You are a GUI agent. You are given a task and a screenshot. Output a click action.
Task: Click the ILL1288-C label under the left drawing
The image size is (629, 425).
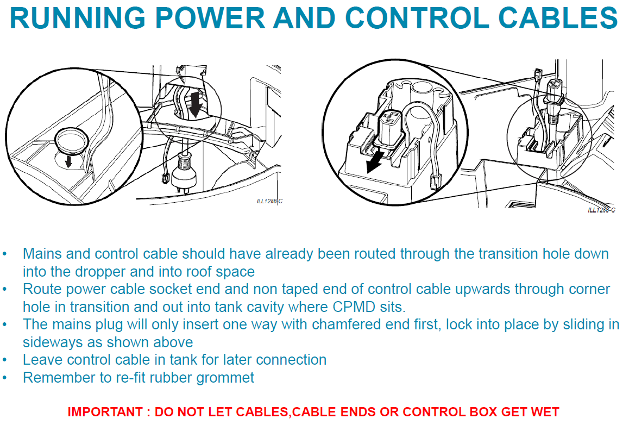pos(269,201)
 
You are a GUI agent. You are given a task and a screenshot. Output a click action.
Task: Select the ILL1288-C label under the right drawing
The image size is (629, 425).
pos(601,210)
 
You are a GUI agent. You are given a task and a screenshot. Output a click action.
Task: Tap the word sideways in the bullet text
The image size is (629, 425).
pos(49,342)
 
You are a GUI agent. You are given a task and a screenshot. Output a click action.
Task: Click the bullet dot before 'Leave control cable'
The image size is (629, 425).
pos(5,360)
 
